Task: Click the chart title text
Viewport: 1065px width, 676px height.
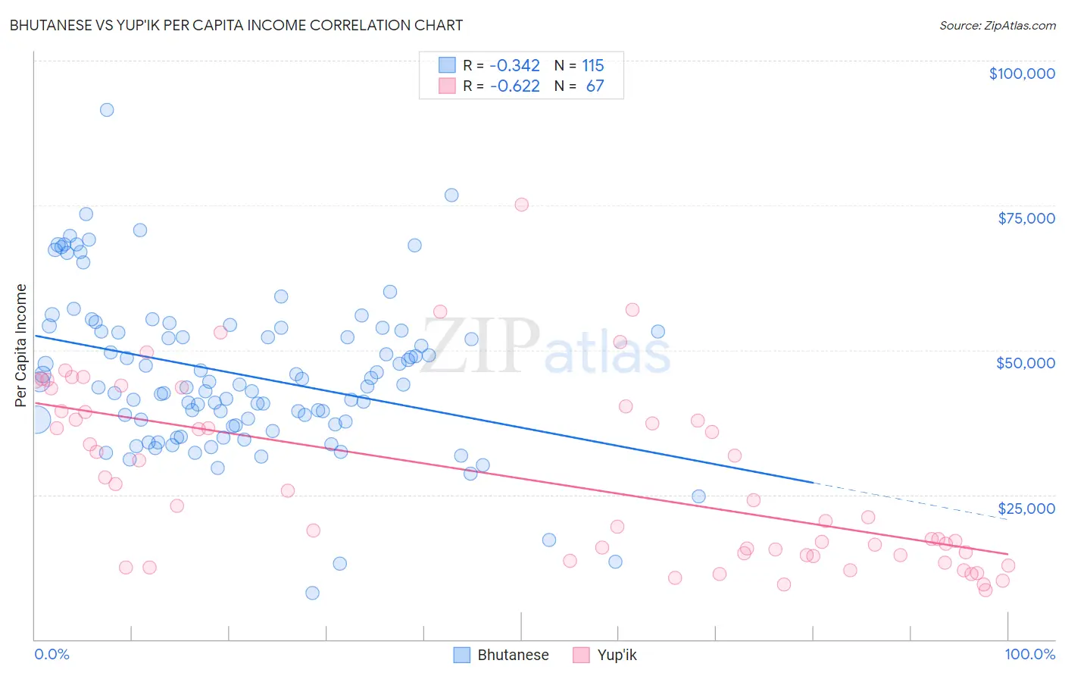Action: click(x=236, y=25)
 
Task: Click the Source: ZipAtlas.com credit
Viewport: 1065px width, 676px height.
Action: click(x=997, y=25)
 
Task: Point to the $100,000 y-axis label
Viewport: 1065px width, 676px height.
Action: click(x=1022, y=74)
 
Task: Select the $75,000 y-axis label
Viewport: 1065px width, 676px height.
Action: click(x=1026, y=218)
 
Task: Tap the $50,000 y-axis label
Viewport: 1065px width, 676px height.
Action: click(x=1026, y=363)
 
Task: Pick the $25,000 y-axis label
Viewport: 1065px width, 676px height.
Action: click(x=1026, y=508)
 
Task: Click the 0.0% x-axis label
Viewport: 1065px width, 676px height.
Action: click(x=52, y=654)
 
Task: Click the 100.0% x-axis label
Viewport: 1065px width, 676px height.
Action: click(x=1029, y=654)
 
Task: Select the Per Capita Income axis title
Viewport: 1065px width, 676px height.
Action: click(x=20, y=345)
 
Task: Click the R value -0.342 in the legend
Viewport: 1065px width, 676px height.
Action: click(x=515, y=66)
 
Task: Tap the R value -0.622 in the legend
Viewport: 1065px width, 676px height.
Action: click(x=515, y=86)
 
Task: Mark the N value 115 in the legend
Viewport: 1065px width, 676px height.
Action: click(x=593, y=66)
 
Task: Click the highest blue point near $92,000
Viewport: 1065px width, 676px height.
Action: click(x=107, y=110)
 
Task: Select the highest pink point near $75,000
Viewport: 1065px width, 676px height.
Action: click(x=521, y=205)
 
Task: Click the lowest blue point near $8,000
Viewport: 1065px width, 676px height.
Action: click(x=312, y=593)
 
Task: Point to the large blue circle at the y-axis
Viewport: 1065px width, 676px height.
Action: click(x=36, y=419)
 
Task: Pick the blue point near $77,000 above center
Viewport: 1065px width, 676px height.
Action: click(x=451, y=195)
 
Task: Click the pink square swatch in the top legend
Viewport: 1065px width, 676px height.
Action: click(x=447, y=86)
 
